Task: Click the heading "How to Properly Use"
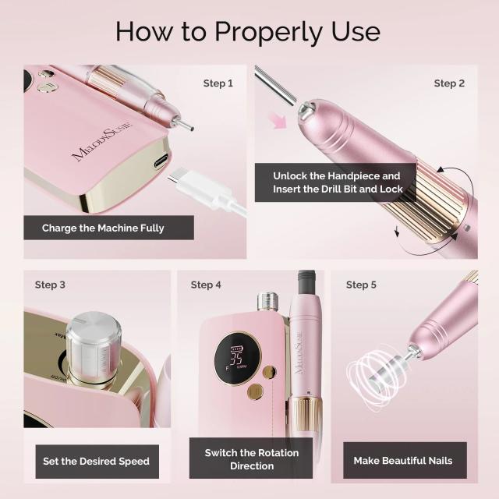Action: [x=249, y=31]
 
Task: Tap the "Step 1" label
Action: [x=218, y=83]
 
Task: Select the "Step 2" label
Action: [x=449, y=83]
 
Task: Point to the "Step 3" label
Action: [x=50, y=285]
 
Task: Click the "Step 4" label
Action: [x=206, y=285]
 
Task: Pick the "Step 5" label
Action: [x=361, y=285]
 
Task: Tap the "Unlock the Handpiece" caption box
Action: [x=337, y=182]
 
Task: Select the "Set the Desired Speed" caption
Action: [x=97, y=461]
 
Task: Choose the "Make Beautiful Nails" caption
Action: [x=403, y=461]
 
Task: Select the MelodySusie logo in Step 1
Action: [x=102, y=140]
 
